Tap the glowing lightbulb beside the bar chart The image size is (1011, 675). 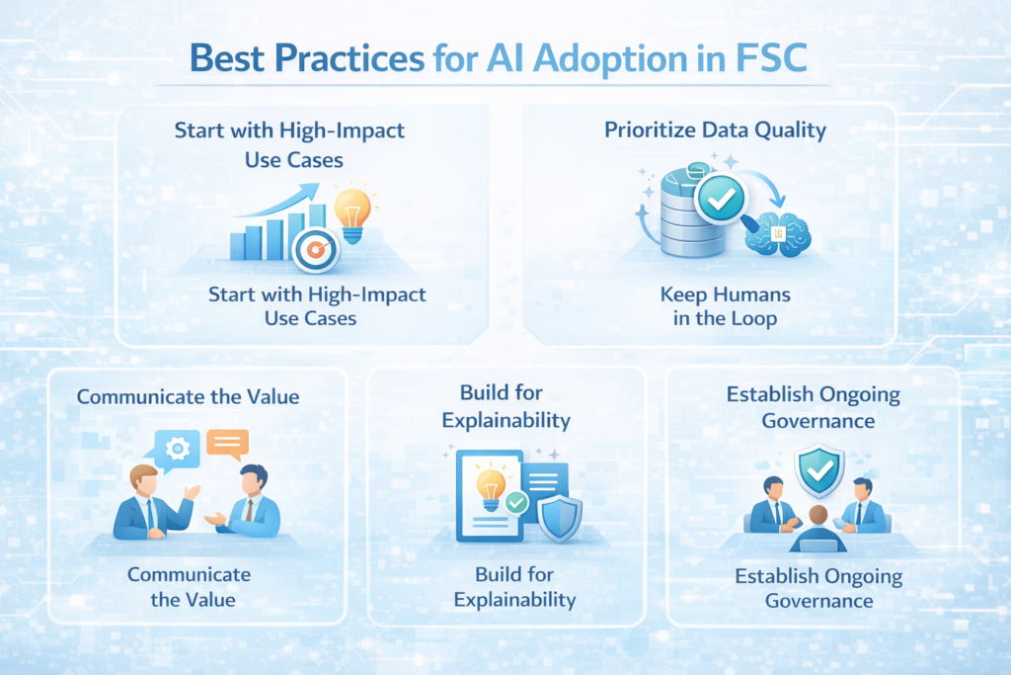pos(352,210)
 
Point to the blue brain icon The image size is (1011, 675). pos(779,234)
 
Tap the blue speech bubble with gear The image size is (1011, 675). pos(179,450)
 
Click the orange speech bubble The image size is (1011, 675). pos(227,445)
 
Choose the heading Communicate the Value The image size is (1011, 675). pos(188,397)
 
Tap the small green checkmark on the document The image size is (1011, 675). pos(514,504)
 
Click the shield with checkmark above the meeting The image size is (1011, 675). pos(818,471)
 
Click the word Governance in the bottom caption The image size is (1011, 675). pos(818,600)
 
